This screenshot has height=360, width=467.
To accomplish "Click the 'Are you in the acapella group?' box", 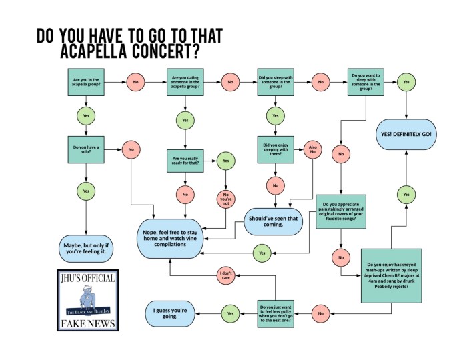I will pyautogui.click(x=86, y=82).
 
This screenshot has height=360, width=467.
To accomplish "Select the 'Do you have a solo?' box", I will pyautogui.click(x=86, y=149).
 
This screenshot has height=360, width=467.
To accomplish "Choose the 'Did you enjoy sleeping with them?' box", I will pyautogui.click(x=276, y=149).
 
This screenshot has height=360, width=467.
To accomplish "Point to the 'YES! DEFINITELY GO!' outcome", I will pyautogui.click(x=406, y=134).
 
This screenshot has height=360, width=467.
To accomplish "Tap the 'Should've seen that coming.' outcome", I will pyautogui.click(x=274, y=221).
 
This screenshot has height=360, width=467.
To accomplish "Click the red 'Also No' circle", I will pyautogui.click(x=312, y=148).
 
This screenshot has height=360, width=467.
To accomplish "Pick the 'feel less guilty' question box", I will pyautogui.click(x=276, y=311).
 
